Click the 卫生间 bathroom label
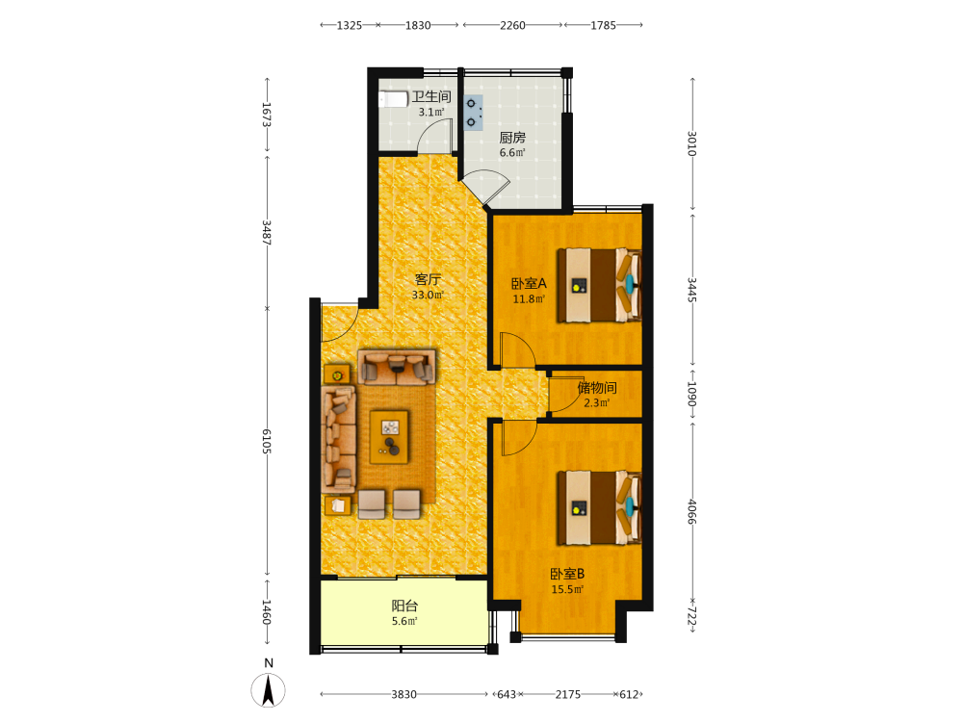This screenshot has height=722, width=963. pos(431,96)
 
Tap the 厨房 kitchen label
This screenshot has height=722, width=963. pos(512,138)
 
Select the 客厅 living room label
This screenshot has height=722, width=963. pos(428,279)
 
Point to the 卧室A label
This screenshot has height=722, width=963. pos(529,284)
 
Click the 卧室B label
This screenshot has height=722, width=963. pos(567,574)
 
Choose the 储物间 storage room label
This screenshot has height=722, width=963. pos(597,387)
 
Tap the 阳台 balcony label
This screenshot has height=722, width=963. pos(404,606)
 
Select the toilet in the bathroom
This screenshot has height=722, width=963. pos(393,99)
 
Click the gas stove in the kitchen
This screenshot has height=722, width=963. pos(473,113)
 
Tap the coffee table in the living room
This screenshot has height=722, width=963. pos(389,437)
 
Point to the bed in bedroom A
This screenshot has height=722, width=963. pos(599,285)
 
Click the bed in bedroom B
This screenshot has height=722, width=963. pos(599,507)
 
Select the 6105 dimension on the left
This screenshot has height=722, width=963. pos(267,442)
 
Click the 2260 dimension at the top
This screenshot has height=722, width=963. pos(512,25)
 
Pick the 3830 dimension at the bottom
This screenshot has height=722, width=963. pos(404,694)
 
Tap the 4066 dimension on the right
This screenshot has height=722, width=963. pos(691,511)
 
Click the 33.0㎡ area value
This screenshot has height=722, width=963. pos(428,295)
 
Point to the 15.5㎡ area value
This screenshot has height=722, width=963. pos(567,589)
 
